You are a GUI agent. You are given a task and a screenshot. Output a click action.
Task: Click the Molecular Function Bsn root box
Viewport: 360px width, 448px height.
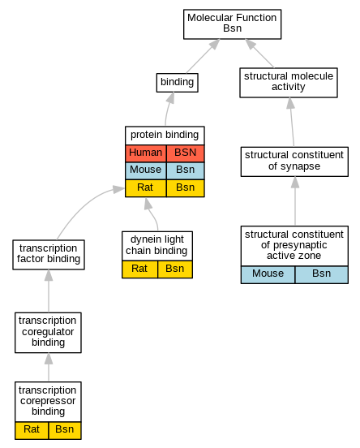(232, 24)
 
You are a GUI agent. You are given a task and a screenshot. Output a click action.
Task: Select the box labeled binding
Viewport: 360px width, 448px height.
(178, 83)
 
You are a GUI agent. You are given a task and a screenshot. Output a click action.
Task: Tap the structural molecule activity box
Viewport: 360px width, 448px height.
(289, 83)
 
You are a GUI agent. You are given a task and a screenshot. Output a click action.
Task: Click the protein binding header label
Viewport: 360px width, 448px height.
(165, 136)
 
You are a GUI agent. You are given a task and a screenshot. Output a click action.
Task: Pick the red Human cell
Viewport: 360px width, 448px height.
(146, 153)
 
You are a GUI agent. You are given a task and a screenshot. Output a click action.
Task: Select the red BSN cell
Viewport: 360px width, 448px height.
(186, 153)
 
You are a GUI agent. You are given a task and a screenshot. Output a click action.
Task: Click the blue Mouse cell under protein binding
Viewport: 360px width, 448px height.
(146, 170)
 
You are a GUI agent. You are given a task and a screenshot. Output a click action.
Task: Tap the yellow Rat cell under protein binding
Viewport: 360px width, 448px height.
(146, 188)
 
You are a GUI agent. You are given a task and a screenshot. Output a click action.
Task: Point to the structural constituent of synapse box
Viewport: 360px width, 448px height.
(294, 162)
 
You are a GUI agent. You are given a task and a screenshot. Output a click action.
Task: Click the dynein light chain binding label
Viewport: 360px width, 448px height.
(157, 246)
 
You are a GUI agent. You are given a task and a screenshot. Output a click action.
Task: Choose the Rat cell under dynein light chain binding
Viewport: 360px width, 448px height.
(139, 269)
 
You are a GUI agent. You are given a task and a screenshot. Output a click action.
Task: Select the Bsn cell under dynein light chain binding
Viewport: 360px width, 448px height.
(175, 269)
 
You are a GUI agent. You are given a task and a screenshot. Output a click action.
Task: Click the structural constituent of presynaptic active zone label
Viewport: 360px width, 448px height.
(294, 246)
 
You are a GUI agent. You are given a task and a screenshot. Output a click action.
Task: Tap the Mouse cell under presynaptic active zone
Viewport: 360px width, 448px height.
(268, 274)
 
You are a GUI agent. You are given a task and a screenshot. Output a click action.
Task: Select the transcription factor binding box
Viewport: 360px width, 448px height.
(49, 255)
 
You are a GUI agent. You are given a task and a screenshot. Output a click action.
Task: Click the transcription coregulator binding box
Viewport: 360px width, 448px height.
(48, 333)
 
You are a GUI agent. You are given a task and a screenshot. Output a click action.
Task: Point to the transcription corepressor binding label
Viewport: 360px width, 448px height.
(48, 402)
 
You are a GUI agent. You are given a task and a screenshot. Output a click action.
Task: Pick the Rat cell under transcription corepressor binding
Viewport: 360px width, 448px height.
(32, 430)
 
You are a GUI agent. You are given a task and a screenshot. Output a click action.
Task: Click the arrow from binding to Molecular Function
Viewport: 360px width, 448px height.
(203, 56)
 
